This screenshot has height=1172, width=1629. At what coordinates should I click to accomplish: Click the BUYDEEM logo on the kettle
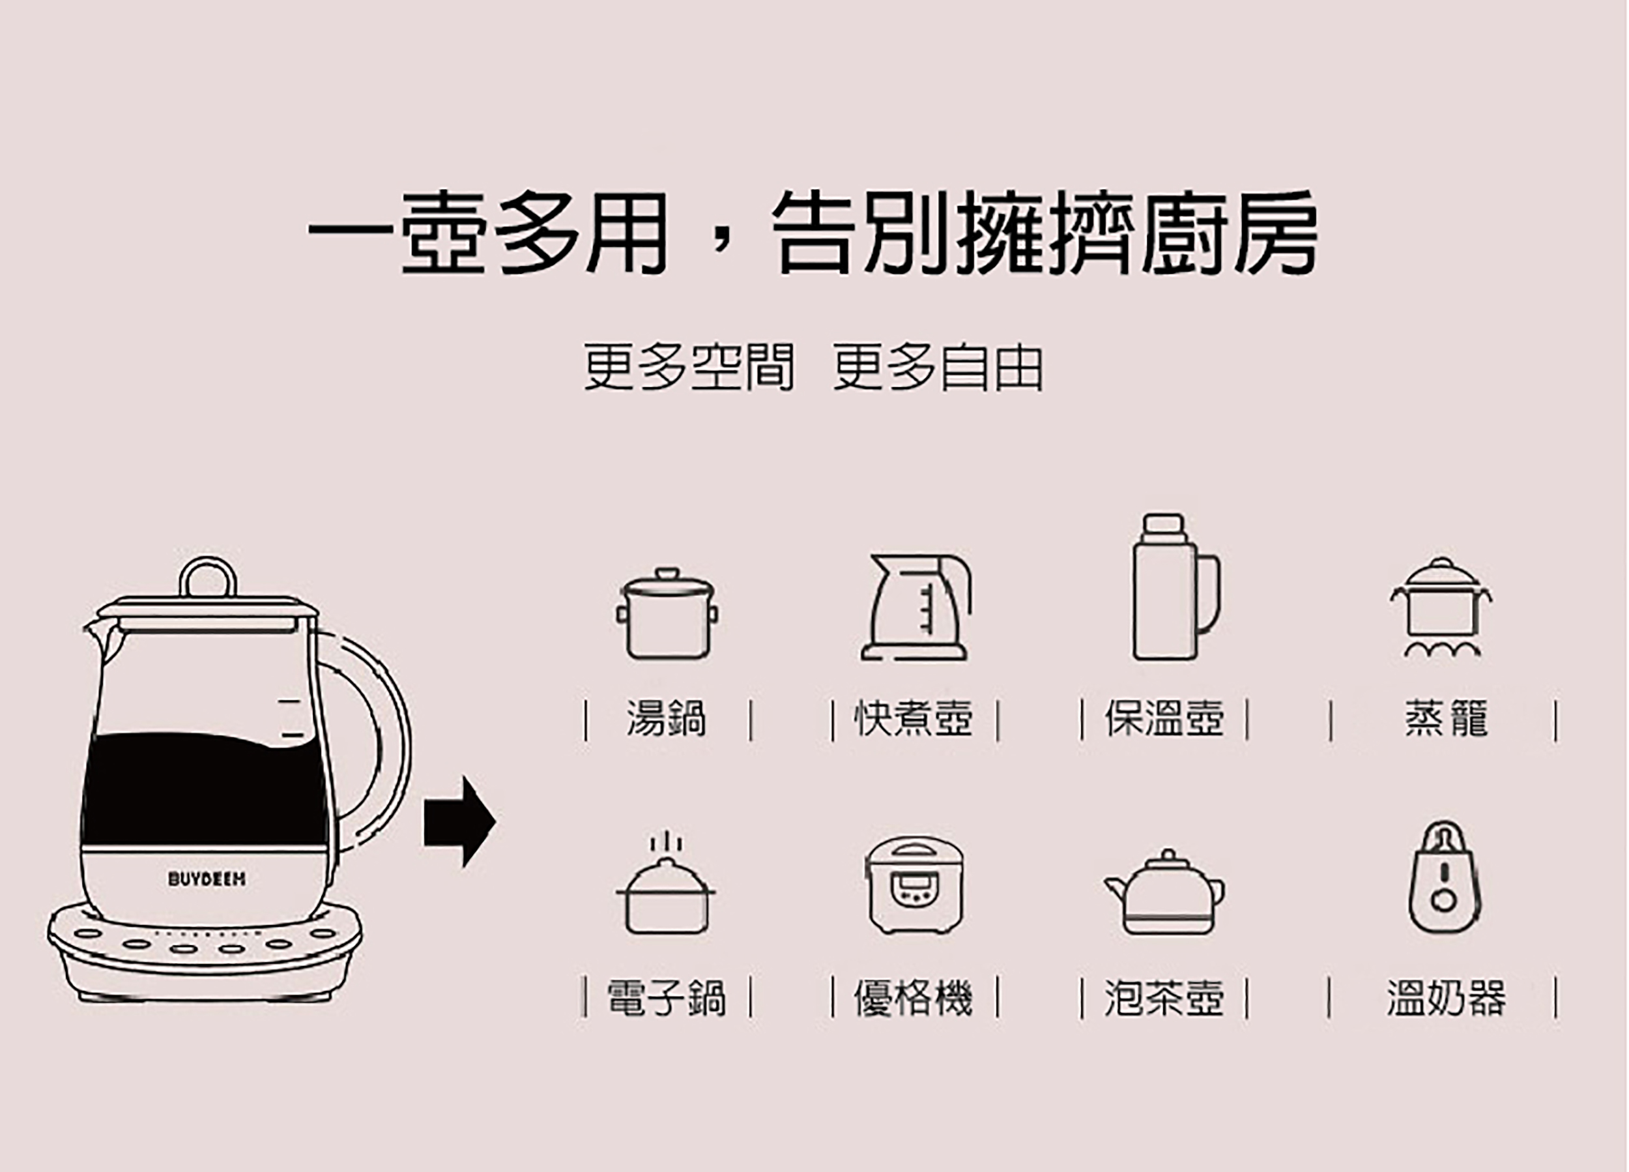(207, 879)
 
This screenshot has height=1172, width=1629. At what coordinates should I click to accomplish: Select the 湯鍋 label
(667, 718)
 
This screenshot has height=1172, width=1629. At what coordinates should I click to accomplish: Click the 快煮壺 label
(913, 718)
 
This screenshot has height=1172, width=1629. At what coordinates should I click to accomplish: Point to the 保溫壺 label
(1164, 718)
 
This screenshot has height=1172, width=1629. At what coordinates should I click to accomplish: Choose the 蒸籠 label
(1445, 718)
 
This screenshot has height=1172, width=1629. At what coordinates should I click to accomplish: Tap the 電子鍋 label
(667, 998)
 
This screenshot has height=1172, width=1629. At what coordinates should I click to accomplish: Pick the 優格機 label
(913, 998)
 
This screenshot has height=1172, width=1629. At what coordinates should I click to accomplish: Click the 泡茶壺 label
(1164, 998)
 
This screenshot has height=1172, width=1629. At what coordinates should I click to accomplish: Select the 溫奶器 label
(1445, 998)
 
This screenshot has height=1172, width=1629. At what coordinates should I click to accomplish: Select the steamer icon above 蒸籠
(1441, 608)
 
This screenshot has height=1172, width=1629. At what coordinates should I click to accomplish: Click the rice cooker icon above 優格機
(914, 885)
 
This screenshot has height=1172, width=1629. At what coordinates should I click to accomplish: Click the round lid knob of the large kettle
(207, 576)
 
